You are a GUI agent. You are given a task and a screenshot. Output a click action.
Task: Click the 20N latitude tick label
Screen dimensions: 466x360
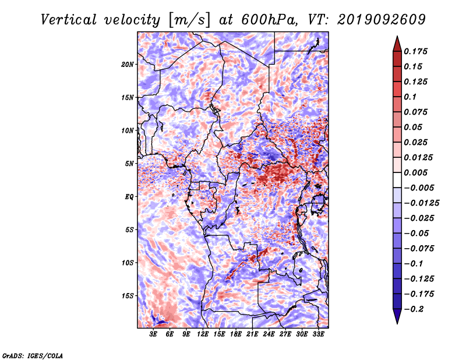[127, 65]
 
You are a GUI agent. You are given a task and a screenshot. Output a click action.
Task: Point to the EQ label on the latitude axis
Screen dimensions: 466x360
[129, 197]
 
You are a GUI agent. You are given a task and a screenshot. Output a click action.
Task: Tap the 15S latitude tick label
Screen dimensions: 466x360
[127, 296]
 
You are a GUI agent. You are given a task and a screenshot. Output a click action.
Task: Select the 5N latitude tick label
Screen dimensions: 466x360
[129, 164]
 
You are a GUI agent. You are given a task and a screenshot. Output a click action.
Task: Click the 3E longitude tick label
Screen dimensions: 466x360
[153, 334]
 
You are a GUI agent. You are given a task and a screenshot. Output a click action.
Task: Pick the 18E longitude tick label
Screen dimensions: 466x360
[235, 334]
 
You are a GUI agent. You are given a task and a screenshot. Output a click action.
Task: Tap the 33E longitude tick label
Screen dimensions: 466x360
[318, 334]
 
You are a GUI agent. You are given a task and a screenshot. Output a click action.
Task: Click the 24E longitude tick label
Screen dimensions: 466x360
[269, 334]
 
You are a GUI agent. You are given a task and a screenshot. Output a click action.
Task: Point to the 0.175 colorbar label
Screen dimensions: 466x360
[416, 51]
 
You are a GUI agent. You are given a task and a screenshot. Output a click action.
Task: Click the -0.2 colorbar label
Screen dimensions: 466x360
[414, 309]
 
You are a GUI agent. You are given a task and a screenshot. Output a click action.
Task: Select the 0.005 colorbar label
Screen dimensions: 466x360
[416, 172]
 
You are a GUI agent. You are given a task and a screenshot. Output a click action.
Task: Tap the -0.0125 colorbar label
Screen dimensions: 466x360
[422, 203]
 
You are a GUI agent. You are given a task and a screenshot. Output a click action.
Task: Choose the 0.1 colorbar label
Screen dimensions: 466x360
[411, 97]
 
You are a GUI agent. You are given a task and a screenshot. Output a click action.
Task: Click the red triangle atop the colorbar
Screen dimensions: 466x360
[397, 44]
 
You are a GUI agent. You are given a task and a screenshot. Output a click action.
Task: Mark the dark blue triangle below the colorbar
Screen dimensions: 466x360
[397, 316]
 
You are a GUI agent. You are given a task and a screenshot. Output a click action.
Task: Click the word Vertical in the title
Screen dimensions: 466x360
[69, 20]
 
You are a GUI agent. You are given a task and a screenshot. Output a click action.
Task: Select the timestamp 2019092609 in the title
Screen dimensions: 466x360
[382, 20]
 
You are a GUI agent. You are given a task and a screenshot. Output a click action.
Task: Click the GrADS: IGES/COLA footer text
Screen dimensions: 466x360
[33, 356]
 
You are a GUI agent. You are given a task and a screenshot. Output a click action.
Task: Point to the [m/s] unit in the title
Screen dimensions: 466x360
[189, 20]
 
